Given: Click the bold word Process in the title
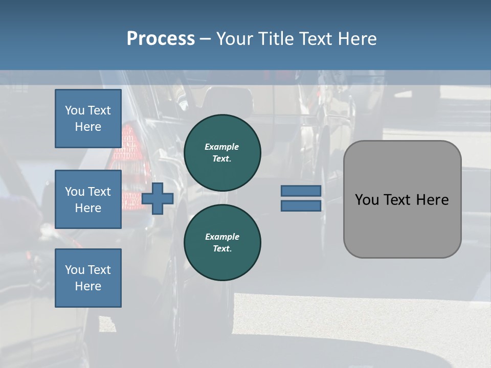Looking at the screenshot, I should [161, 39].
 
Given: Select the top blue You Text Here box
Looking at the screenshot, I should [88, 119].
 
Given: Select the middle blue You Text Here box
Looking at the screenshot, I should [88, 199].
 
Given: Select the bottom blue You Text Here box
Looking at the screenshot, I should [88, 278].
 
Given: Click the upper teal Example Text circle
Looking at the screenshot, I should [222, 153].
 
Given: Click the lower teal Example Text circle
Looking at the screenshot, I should [222, 243].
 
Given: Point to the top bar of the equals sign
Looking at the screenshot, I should [301, 191].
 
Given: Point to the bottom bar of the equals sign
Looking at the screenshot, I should [301, 205].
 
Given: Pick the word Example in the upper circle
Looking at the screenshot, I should [222, 147].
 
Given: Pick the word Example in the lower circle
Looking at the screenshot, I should [222, 237].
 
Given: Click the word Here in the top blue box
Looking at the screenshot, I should [88, 127].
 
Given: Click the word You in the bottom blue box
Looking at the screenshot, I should [75, 270].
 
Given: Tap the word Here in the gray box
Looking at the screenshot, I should [433, 200].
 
